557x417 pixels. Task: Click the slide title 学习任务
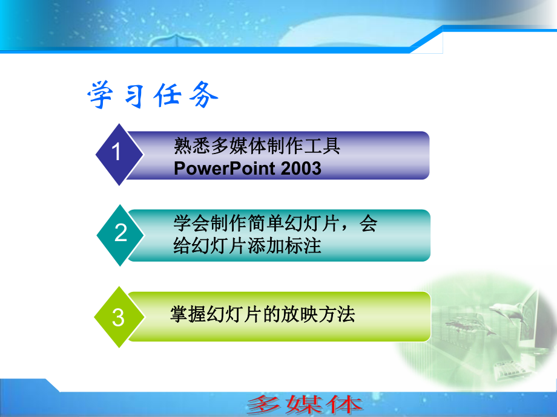point(153,95)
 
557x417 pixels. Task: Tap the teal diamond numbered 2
point(121,233)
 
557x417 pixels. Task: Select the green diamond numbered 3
point(119,317)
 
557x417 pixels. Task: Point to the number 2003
point(302,169)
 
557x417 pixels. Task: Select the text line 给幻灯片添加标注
point(247,246)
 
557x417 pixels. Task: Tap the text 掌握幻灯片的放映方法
point(262,314)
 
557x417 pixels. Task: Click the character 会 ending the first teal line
point(368,224)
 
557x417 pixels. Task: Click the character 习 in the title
point(134,95)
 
